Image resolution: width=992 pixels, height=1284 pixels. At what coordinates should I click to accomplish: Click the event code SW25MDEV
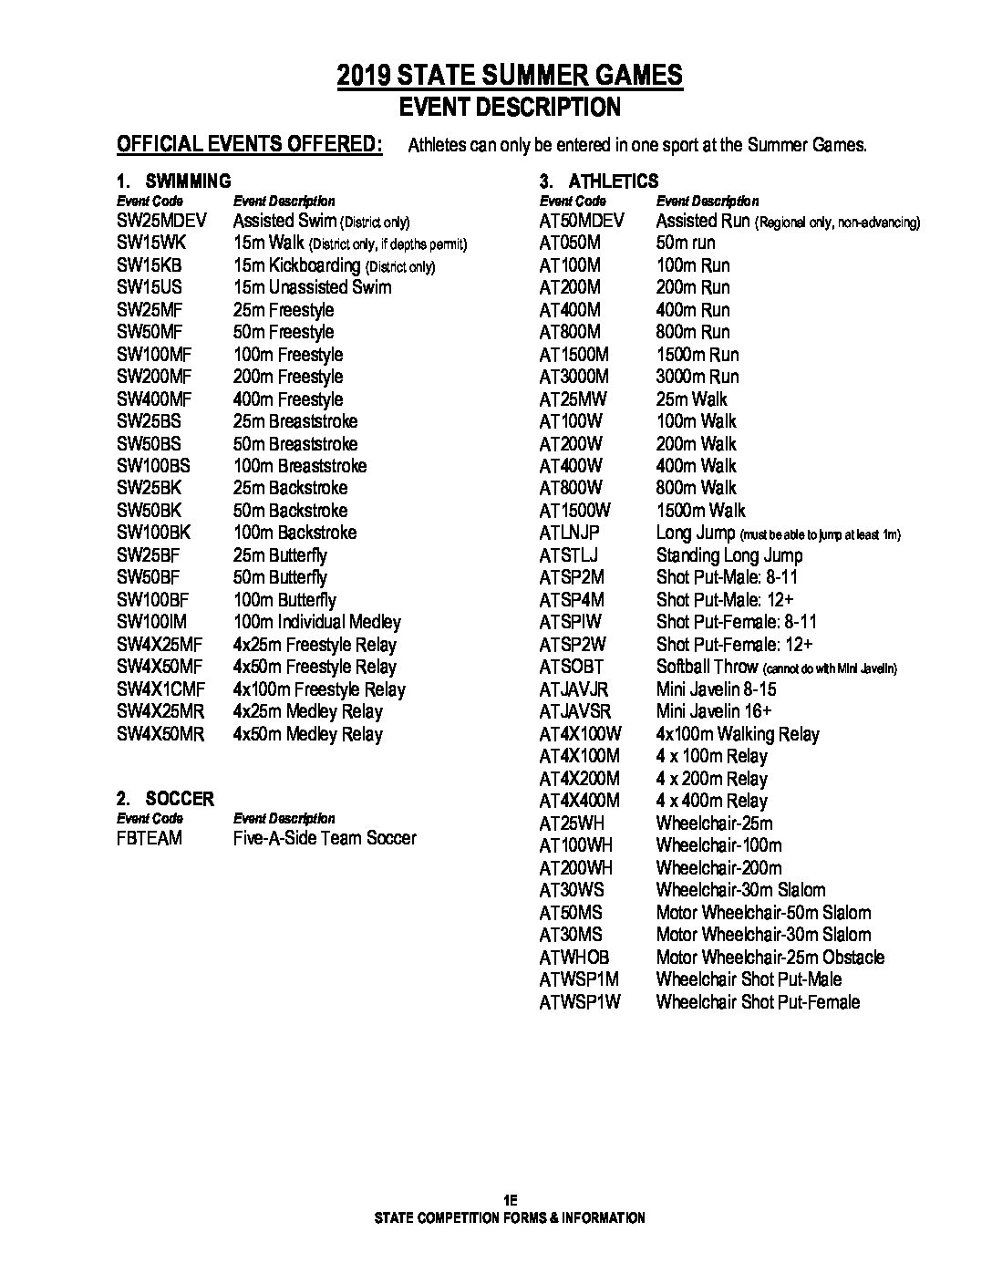tap(162, 221)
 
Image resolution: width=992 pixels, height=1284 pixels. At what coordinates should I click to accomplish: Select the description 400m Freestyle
tap(288, 399)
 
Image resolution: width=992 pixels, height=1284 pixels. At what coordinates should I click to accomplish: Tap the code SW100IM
tap(151, 622)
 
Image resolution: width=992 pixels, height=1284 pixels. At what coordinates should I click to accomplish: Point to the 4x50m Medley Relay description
tap(308, 734)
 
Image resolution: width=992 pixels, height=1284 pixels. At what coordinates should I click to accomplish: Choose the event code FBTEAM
tap(150, 838)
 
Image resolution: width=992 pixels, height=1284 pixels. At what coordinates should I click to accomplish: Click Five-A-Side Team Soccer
tap(325, 838)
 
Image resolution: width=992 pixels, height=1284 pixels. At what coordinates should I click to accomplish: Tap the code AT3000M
tap(573, 377)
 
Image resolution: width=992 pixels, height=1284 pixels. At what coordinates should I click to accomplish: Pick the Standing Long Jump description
tap(729, 555)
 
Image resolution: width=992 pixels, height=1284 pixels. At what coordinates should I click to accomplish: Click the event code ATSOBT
tap(571, 667)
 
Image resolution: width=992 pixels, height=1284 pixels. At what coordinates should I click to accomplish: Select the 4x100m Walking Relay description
tap(738, 734)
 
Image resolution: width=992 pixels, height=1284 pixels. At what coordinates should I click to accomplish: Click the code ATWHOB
tap(573, 958)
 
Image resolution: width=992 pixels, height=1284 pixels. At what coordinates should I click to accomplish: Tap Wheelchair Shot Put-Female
tap(758, 1002)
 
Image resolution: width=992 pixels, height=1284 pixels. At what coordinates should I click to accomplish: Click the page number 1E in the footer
tap(509, 1200)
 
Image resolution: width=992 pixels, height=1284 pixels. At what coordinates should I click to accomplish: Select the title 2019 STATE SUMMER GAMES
tap(510, 75)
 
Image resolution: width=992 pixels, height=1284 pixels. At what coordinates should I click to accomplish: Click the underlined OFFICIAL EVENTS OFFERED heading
tap(250, 144)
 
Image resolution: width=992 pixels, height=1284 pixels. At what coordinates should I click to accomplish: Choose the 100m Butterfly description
tap(284, 600)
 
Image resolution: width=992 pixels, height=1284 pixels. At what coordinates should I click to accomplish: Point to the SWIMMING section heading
tap(188, 181)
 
